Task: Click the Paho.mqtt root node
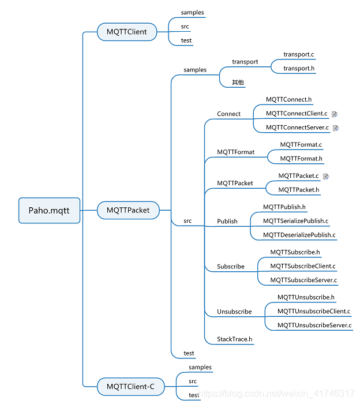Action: (x=49, y=211)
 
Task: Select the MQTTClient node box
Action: (x=126, y=32)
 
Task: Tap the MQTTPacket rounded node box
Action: (x=127, y=211)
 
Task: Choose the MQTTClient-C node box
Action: (x=130, y=386)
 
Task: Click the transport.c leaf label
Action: (x=298, y=55)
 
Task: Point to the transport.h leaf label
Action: (x=298, y=69)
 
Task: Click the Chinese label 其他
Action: (x=238, y=83)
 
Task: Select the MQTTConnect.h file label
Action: (x=288, y=100)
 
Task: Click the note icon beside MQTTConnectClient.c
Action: (x=335, y=114)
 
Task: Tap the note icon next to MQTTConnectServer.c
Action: (x=336, y=128)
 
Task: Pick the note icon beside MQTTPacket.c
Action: (x=326, y=176)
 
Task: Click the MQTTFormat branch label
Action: (x=235, y=152)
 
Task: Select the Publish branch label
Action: (x=227, y=221)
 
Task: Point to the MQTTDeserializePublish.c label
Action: (x=299, y=235)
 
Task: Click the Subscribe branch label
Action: (x=231, y=267)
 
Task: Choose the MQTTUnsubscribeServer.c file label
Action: (x=314, y=326)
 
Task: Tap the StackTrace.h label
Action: (x=234, y=339)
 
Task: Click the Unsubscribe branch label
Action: (x=234, y=312)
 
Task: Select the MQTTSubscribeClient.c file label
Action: (x=303, y=267)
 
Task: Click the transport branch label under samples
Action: (x=245, y=62)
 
